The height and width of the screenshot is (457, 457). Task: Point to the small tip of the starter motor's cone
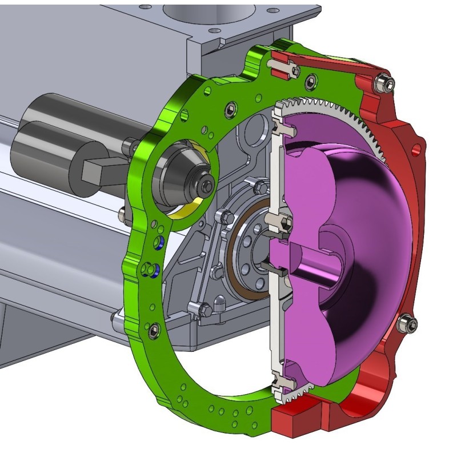coord(206,184)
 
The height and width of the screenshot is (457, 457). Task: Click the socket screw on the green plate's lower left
coord(153,330)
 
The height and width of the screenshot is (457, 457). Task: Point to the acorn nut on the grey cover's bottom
coord(219,302)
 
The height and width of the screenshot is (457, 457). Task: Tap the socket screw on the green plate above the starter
coord(231,109)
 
